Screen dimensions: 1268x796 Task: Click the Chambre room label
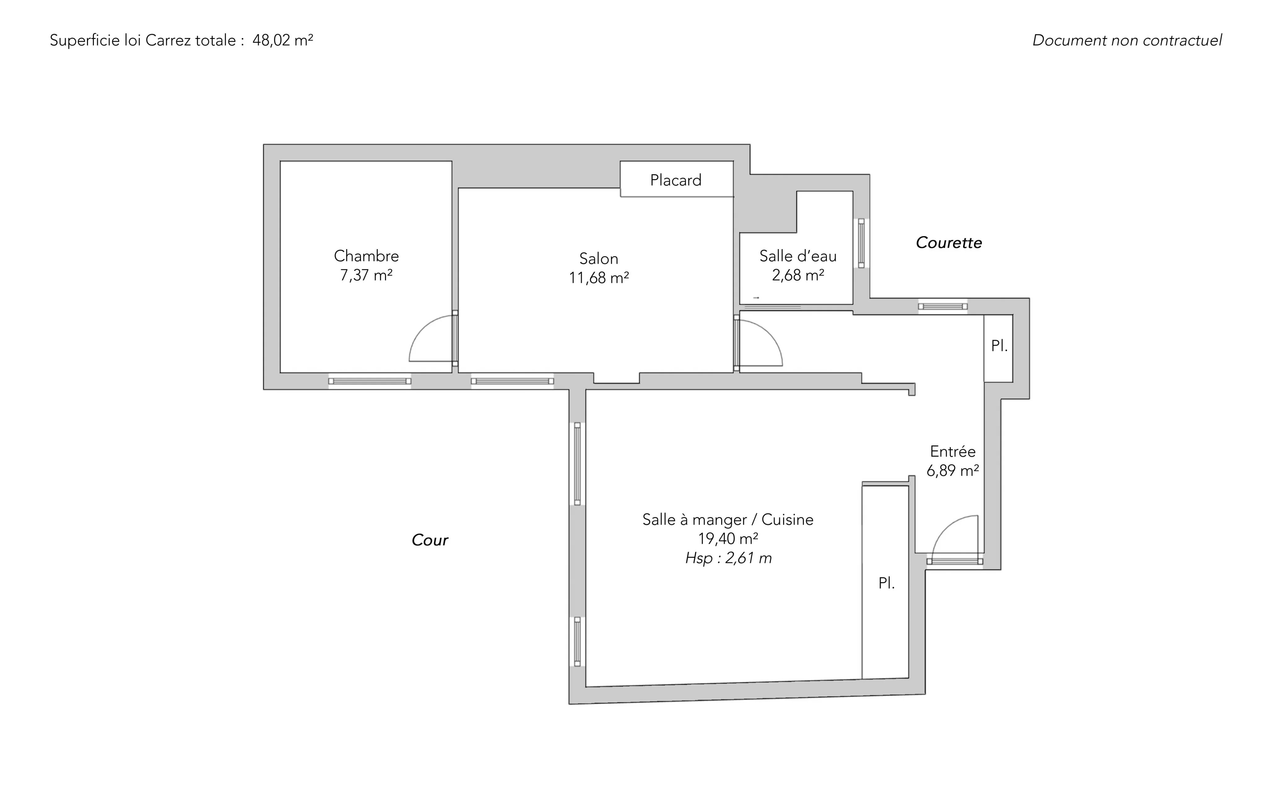coord(367,256)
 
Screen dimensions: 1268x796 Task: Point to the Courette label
coord(949,243)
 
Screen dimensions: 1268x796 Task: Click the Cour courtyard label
coord(430,540)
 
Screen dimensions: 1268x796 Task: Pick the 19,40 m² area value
coord(728,539)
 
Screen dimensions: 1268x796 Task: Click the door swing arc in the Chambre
coord(431,338)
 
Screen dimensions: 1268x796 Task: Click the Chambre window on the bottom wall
coord(370,381)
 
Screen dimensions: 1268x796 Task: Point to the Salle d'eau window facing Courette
coord(862,243)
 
